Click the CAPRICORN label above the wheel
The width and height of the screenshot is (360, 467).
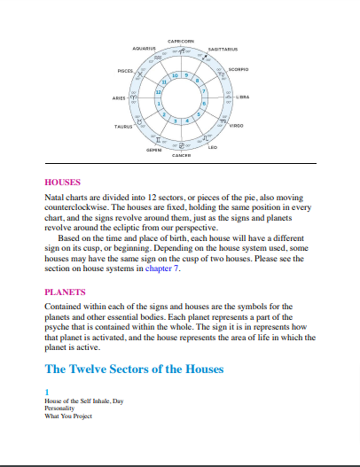pos(180,41)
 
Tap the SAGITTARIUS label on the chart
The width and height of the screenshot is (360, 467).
pos(226,49)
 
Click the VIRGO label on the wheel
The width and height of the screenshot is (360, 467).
pos(237,127)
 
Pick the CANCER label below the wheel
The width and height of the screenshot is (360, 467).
pos(181,155)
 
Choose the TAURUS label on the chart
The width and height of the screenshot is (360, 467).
pos(123,128)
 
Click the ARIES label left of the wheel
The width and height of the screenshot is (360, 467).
pos(112,97)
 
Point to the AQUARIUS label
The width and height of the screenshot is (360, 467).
pos(144,48)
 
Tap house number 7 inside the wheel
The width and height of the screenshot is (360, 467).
pos(204,91)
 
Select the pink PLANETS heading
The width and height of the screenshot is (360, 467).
pos(65,291)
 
